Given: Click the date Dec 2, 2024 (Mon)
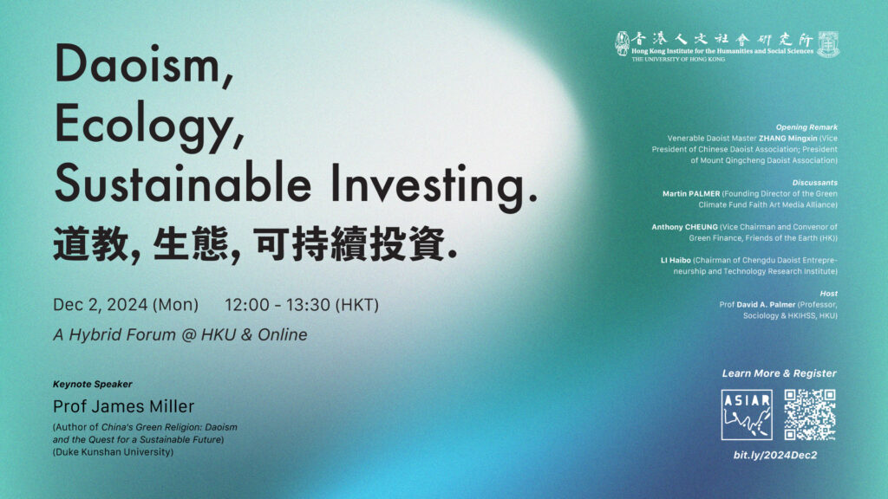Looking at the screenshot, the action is coord(126,305).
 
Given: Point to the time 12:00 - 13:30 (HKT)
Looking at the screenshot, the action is coord(302,305).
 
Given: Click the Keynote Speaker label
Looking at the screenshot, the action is coord(92,384).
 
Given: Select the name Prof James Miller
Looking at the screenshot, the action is coord(123,406).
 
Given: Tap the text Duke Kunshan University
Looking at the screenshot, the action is coord(114,452).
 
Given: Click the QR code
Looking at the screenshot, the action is coord(810,415).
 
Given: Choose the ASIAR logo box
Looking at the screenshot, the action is coord(747,415).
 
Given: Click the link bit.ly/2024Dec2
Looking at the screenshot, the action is coord(775,455).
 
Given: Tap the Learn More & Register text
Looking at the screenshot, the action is coord(780,373).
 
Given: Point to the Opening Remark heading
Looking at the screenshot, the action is coord(806,127).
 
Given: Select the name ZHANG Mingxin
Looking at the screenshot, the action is coord(787,138).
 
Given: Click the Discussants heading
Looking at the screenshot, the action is coord(815,183).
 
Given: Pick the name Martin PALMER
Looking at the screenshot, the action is coord(691,193).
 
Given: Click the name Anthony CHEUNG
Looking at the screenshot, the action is coord(684,227).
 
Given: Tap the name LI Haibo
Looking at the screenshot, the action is coord(676,260).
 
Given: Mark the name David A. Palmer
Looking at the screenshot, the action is coord(766,304).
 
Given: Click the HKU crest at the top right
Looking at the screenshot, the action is coord(828,44).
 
